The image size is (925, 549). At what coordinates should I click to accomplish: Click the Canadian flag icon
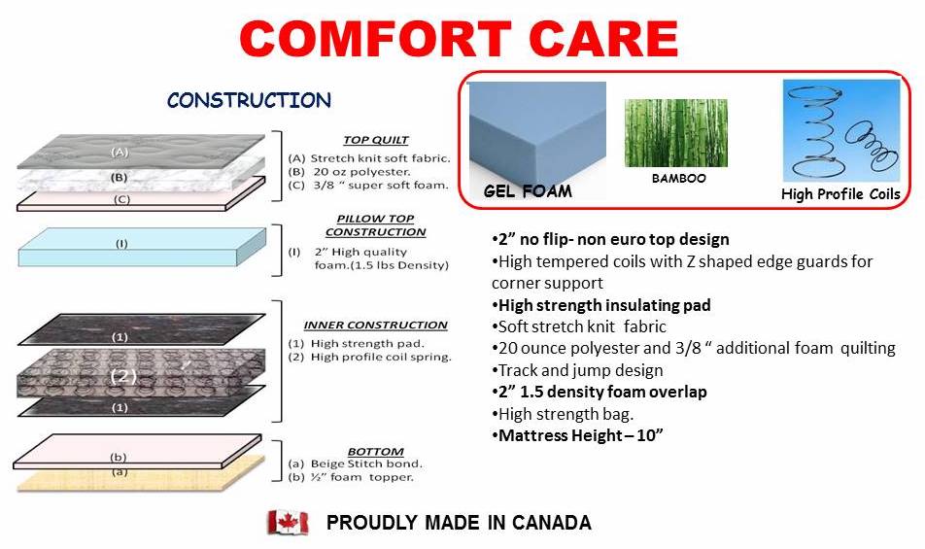pyautogui.click(x=288, y=523)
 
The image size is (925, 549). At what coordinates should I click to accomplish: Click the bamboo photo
pyautogui.click(x=676, y=133)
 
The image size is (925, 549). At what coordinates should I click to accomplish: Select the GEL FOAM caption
pyautogui.click(x=528, y=191)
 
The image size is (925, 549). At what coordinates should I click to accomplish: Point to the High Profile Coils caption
pyautogui.click(x=840, y=194)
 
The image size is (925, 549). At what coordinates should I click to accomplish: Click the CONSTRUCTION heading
pyautogui.click(x=249, y=100)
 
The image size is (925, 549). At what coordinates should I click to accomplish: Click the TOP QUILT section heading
pyautogui.click(x=376, y=140)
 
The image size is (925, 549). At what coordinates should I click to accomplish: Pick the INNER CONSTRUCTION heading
pyautogui.click(x=376, y=325)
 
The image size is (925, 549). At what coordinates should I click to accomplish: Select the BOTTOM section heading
pyautogui.click(x=376, y=452)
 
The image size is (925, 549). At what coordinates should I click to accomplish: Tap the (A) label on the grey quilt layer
pyautogui.click(x=120, y=152)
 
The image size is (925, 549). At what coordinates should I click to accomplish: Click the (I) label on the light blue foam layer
pyautogui.click(x=120, y=243)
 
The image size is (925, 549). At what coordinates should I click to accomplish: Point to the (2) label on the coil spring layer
pyautogui.click(x=123, y=376)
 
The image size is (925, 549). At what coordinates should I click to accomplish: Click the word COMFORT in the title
pyautogui.click(x=375, y=38)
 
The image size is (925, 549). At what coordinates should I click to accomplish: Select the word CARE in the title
pyautogui.click(x=603, y=38)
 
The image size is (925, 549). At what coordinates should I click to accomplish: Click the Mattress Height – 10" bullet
pyautogui.click(x=577, y=435)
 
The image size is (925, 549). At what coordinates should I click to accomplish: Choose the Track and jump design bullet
pyautogui.click(x=577, y=370)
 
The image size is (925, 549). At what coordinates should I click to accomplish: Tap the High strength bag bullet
pyautogui.click(x=563, y=414)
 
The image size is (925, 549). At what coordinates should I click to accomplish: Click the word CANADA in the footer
pyautogui.click(x=551, y=523)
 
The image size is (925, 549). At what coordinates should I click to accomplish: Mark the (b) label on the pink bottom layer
pyautogui.click(x=118, y=457)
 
